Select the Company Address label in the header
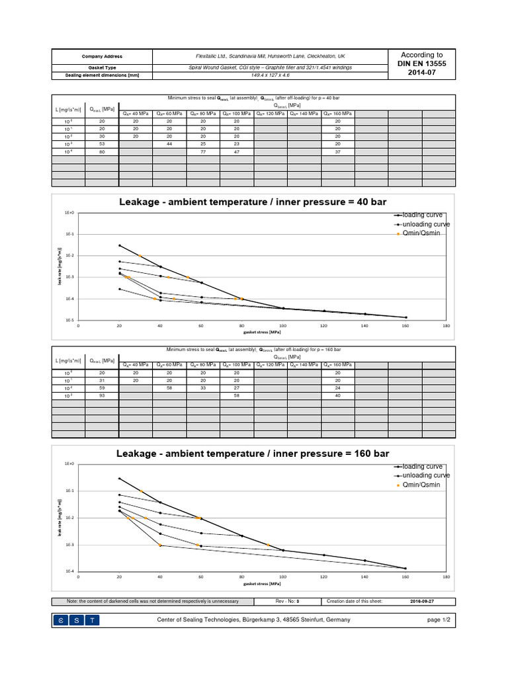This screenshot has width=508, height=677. (x=102, y=56)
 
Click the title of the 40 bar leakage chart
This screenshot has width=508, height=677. (x=253, y=202)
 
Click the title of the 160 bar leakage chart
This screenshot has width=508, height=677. (x=253, y=454)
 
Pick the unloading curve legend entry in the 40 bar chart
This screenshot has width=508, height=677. (x=426, y=224)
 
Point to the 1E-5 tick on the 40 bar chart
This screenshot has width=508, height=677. (x=69, y=320)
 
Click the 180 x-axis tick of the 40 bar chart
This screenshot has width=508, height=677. (x=446, y=326)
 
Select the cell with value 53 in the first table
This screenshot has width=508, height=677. (x=102, y=143)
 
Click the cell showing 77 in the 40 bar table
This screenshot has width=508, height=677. (x=203, y=151)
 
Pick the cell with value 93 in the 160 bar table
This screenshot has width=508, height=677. (x=102, y=395)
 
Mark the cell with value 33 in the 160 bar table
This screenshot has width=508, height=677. (x=203, y=388)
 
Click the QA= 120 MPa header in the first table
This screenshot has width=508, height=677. (x=271, y=114)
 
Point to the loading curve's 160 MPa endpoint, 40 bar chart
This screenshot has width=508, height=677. (x=405, y=317)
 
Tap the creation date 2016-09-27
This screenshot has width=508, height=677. (x=421, y=601)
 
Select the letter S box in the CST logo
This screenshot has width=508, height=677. (x=77, y=620)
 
